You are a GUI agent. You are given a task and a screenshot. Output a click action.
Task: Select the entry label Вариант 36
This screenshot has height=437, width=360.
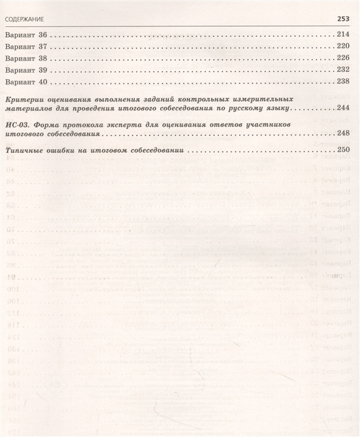pos(26,34)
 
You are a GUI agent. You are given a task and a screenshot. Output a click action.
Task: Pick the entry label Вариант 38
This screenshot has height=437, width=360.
pos(26,57)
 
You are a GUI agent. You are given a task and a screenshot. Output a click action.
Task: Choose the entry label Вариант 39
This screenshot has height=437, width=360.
pos(26,69)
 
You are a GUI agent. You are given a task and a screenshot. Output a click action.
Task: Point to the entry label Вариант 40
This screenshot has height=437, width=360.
pos(26,81)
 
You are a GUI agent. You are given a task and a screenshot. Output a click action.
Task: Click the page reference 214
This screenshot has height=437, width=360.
pos(346,34)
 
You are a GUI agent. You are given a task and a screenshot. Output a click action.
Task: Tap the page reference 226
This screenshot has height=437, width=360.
pos(346,57)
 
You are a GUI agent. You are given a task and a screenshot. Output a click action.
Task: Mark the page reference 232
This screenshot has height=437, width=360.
pos(346,69)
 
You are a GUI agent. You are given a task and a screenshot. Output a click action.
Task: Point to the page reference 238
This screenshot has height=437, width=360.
pos(346,81)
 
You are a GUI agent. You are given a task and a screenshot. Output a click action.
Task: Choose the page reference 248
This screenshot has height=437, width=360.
pos(346,134)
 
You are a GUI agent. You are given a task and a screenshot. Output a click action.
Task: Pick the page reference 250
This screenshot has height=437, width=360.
pos(346,151)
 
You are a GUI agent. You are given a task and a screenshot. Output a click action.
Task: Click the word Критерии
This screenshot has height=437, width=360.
pos(23,99)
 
